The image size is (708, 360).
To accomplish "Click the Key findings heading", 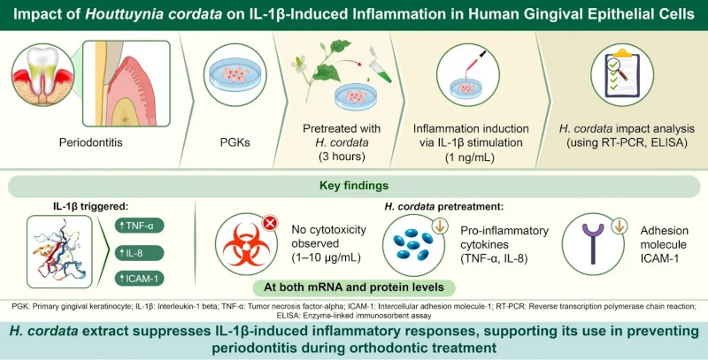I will click(354, 188).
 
